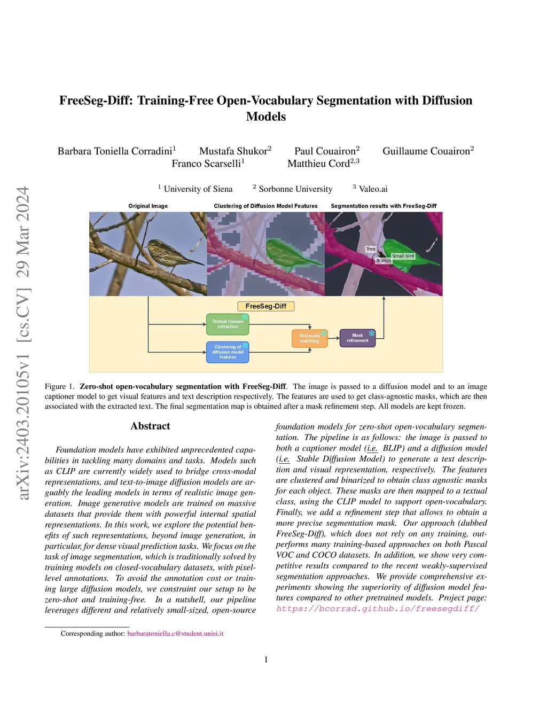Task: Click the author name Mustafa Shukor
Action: [x=233, y=151]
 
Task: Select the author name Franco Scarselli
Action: [x=206, y=163]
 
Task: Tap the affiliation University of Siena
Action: [x=198, y=189]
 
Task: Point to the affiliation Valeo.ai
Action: [x=373, y=189]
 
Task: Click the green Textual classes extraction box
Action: [x=228, y=324]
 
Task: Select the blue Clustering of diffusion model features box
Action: [x=228, y=352]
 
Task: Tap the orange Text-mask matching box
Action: [x=310, y=338]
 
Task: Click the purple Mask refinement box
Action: [x=357, y=338]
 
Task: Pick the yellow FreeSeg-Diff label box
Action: [x=265, y=306]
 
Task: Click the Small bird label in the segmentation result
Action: [x=403, y=256]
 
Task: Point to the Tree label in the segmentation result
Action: [x=371, y=249]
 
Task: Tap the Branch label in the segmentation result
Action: [x=383, y=261]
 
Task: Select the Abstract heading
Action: [x=150, y=426]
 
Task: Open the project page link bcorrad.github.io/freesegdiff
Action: [x=378, y=609]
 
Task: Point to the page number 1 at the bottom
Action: [x=266, y=659]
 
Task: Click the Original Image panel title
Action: [x=148, y=206]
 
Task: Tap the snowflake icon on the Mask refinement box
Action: [x=371, y=333]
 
